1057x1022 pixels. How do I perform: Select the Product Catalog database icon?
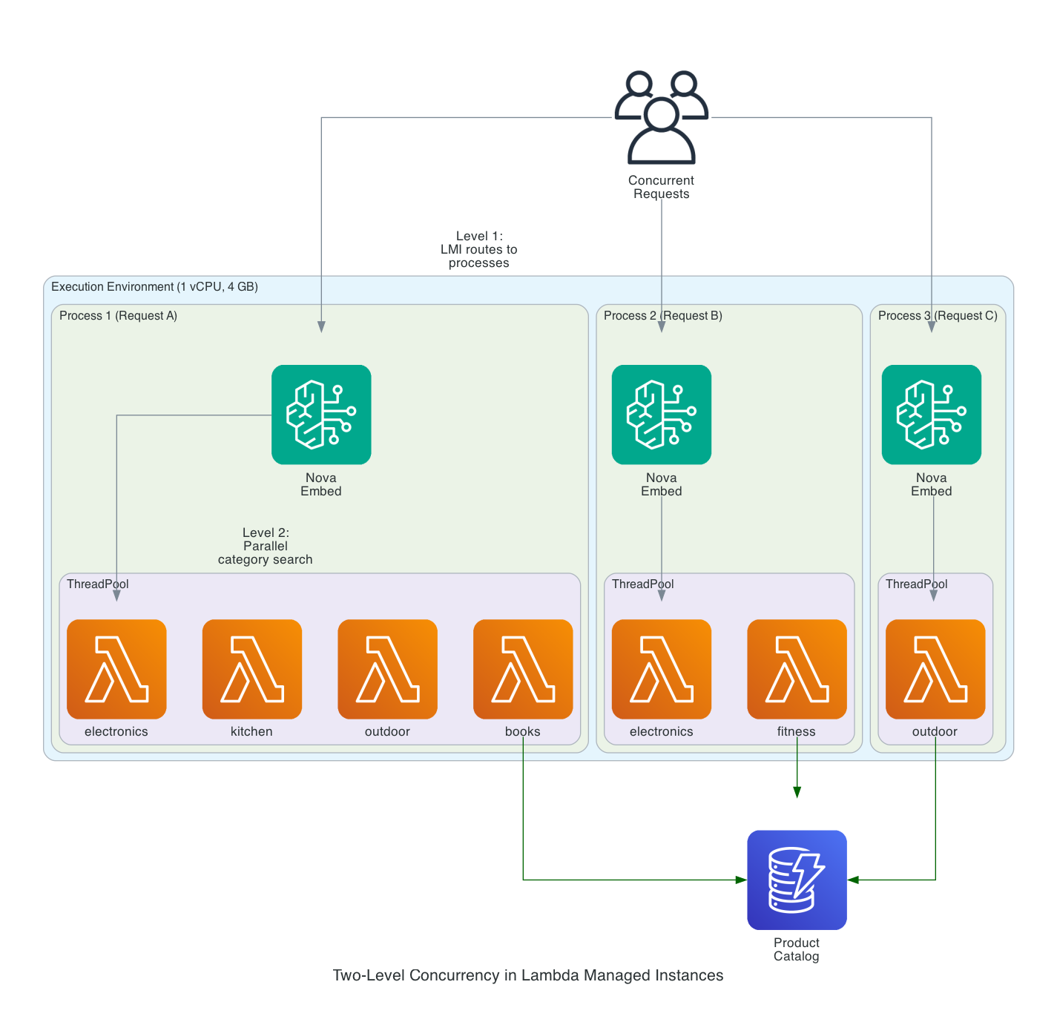click(x=797, y=880)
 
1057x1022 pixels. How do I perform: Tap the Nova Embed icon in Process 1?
click(x=321, y=415)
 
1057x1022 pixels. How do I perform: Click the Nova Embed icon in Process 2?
click(x=661, y=415)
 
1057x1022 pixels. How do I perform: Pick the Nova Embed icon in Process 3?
click(x=931, y=415)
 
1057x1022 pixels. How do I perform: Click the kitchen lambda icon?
click(x=252, y=669)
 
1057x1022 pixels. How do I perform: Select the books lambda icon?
click(x=523, y=669)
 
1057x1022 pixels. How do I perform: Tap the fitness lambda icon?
click(x=797, y=669)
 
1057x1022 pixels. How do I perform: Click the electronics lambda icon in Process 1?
click(x=116, y=669)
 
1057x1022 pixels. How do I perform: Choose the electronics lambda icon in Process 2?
click(x=661, y=669)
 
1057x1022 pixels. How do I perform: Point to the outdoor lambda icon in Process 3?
click(x=935, y=669)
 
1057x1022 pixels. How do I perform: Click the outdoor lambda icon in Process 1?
click(x=387, y=669)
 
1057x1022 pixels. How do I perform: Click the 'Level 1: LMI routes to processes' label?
click(x=479, y=249)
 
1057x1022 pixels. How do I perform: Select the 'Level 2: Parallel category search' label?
click(x=266, y=546)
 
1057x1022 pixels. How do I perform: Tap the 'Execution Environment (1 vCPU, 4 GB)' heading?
click(x=154, y=287)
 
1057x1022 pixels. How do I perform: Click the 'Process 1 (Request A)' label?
click(x=118, y=316)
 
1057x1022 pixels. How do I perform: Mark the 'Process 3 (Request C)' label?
click(x=938, y=316)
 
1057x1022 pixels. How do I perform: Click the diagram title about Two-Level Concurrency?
click(x=527, y=975)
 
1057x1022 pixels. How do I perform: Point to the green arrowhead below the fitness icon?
click(x=797, y=792)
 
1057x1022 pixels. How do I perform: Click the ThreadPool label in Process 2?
click(x=642, y=584)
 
